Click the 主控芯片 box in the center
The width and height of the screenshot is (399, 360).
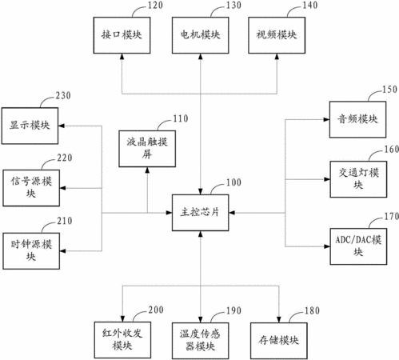[200, 213]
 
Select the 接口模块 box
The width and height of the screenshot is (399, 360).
[122, 35]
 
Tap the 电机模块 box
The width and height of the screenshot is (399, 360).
[200, 35]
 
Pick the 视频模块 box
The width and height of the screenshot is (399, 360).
[277, 35]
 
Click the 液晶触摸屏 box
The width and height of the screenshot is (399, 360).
[147, 149]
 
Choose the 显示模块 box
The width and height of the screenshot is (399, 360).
[30, 126]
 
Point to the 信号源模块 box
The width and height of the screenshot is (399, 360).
[31, 188]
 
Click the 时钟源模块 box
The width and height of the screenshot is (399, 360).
[31, 251]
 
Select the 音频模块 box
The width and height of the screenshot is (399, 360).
[357, 119]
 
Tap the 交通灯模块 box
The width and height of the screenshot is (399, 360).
[358, 179]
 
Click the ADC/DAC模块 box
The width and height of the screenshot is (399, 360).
[358, 246]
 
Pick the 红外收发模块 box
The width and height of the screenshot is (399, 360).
[122, 340]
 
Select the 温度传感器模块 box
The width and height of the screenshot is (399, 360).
[200, 341]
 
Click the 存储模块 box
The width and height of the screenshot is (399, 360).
[279, 341]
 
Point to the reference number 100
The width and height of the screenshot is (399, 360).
[233, 182]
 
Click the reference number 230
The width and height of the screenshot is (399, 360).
[63, 96]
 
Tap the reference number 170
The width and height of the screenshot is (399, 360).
[391, 216]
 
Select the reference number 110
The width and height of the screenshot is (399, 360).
[181, 118]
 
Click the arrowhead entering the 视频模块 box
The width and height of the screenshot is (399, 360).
[277, 57]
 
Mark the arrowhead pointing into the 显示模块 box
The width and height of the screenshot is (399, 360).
[62, 126]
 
